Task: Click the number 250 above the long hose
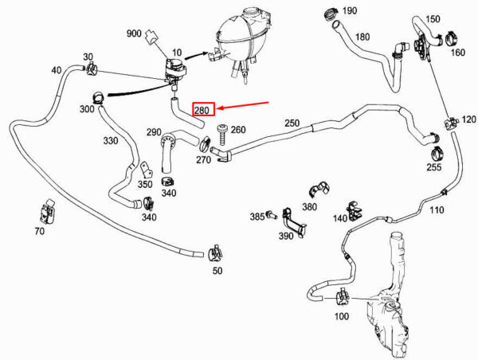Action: pyautogui.click(x=292, y=123)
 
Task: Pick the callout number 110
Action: pyautogui.click(x=437, y=210)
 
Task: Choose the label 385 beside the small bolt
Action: pyautogui.click(x=257, y=216)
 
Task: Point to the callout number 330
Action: pyautogui.click(x=110, y=140)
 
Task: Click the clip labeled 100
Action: pyautogui.click(x=341, y=296)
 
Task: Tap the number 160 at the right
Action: pyautogui.click(x=458, y=53)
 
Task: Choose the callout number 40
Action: pyautogui.click(x=57, y=71)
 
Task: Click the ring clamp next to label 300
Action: pyautogui.click(x=96, y=100)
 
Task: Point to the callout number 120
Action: pyautogui.click(x=468, y=119)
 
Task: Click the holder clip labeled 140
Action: pyautogui.click(x=356, y=209)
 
